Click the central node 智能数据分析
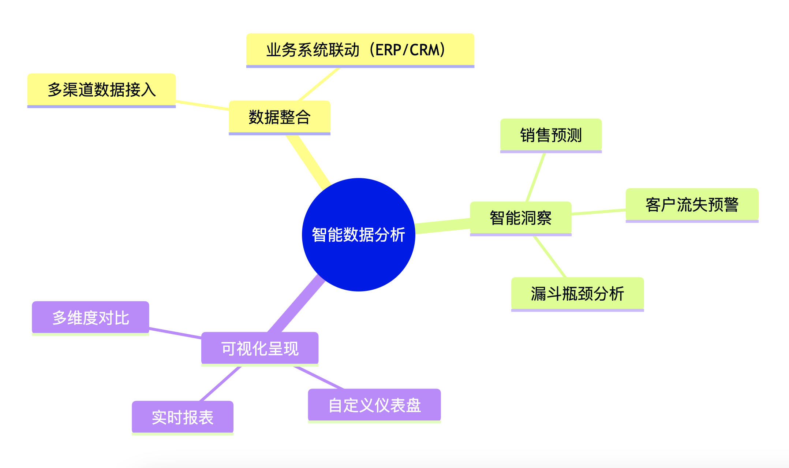tap(358, 235)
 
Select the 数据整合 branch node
tap(279, 117)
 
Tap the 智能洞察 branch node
tap(520, 218)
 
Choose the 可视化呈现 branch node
tap(259, 348)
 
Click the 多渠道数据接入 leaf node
tap(101, 90)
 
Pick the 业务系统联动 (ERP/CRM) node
tap(360, 50)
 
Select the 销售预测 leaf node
tap(551, 135)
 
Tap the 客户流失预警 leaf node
tap(692, 205)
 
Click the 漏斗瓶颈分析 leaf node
tap(577, 294)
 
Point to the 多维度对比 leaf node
tap(90, 317)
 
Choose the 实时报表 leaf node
tap(182, 417)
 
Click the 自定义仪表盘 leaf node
tap(374, 405)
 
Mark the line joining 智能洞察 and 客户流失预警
tap(598, 212)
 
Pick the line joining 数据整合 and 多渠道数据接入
tap(202, 105)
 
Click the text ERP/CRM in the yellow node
tap(410, 50)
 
